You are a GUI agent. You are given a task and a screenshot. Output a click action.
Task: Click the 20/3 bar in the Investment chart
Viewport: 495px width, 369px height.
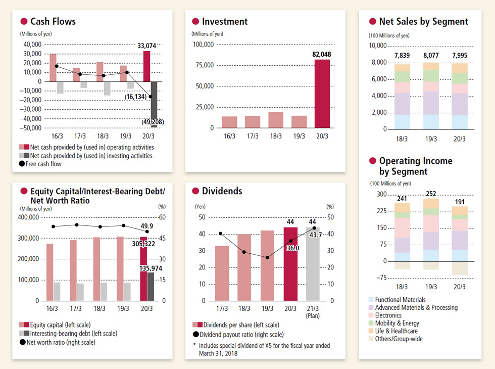[322, 94]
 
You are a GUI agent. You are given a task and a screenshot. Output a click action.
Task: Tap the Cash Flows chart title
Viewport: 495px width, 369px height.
[53, 21]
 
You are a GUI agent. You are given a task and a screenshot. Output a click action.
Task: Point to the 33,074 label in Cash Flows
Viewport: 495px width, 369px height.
[146, 46]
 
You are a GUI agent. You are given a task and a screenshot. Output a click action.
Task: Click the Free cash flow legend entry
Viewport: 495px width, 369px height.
[43, 164]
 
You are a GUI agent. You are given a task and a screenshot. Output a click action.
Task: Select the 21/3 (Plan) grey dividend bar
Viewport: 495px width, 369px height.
[313, 264]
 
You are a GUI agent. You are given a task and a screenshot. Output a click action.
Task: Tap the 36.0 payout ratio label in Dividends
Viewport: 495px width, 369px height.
[293, 248]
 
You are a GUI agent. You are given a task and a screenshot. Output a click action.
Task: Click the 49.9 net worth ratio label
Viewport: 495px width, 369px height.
[147, 226]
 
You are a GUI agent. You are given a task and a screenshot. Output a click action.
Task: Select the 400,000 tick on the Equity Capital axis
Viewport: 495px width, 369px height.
[29, 217]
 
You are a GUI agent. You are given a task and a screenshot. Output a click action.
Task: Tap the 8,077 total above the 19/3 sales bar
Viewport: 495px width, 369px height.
[431, 56]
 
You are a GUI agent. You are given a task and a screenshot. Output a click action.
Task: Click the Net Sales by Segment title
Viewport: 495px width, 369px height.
[423, 21]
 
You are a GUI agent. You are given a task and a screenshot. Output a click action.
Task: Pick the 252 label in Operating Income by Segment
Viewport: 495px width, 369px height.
[431, 194]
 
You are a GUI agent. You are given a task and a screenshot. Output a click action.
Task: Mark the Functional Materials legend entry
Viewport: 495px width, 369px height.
[397, 300]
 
